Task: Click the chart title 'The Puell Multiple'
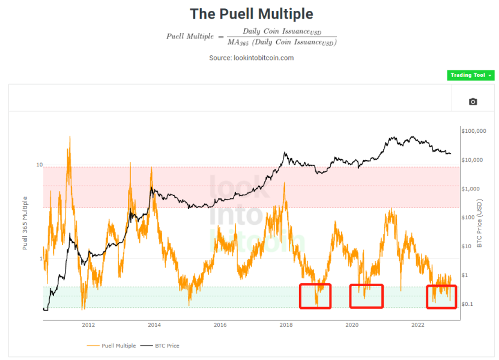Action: (x=252, y=14)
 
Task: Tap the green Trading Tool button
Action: (x=471, y=75)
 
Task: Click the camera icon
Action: (x=473, y=102)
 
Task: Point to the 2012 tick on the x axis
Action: (x=88, y=325)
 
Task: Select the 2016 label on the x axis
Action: (x=220, y=325)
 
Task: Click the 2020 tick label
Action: (x=352, y=325)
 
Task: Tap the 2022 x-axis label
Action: (x=418, y=325)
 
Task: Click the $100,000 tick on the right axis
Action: (x=474, y=131)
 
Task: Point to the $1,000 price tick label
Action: (x=470, y=189)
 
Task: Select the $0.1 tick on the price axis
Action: (x=467, y=304)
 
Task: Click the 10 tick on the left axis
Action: (x=39, y=165)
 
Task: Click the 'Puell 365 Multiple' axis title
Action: (x=25, y=223)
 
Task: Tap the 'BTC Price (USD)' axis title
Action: (x=480, y=224)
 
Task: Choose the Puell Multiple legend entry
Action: (x=111, y=346)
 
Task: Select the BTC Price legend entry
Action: (x=160, y=346)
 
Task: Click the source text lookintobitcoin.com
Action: (x=264, y=58)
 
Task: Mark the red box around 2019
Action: (x=315, y=284)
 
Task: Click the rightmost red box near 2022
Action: (x=441, y=285)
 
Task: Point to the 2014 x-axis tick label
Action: (x=154, y=325)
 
